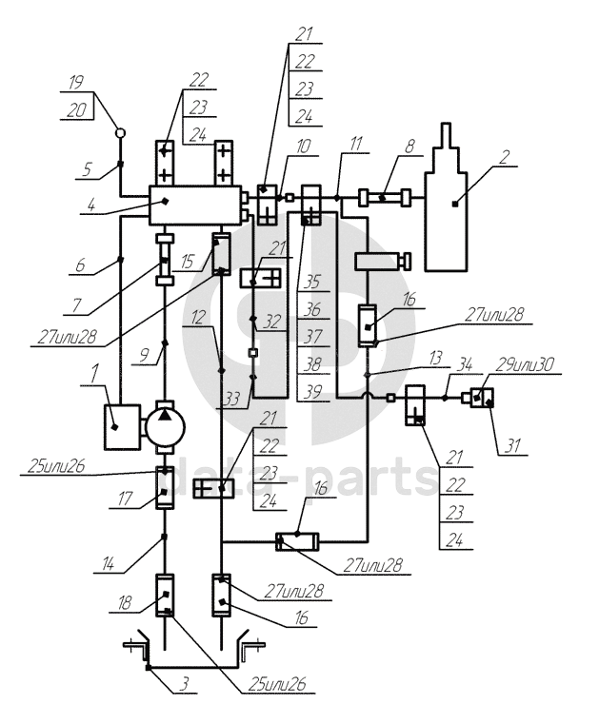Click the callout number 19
[x=76, y=83]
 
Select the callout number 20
[x=77, y=110]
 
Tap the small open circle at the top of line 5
[x=120, y=133]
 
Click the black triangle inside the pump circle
[x=165, y=415]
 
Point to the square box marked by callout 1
[x=123, y=426]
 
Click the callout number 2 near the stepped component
[x=504, y=157]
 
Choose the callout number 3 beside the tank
[x=184, y=684]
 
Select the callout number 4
[x=91, y=205]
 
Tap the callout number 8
[x=409, y=147]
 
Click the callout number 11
[x=355, y=144]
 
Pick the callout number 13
[x=436, y=358]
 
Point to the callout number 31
[x=512, y=446]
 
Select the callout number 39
[x=312, y=392]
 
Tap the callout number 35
[x=312, y=282]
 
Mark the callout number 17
[x=126, y=499]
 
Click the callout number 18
[x=125, y=603]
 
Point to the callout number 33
[x=231, y=399]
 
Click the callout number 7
[x=77, y=305]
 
